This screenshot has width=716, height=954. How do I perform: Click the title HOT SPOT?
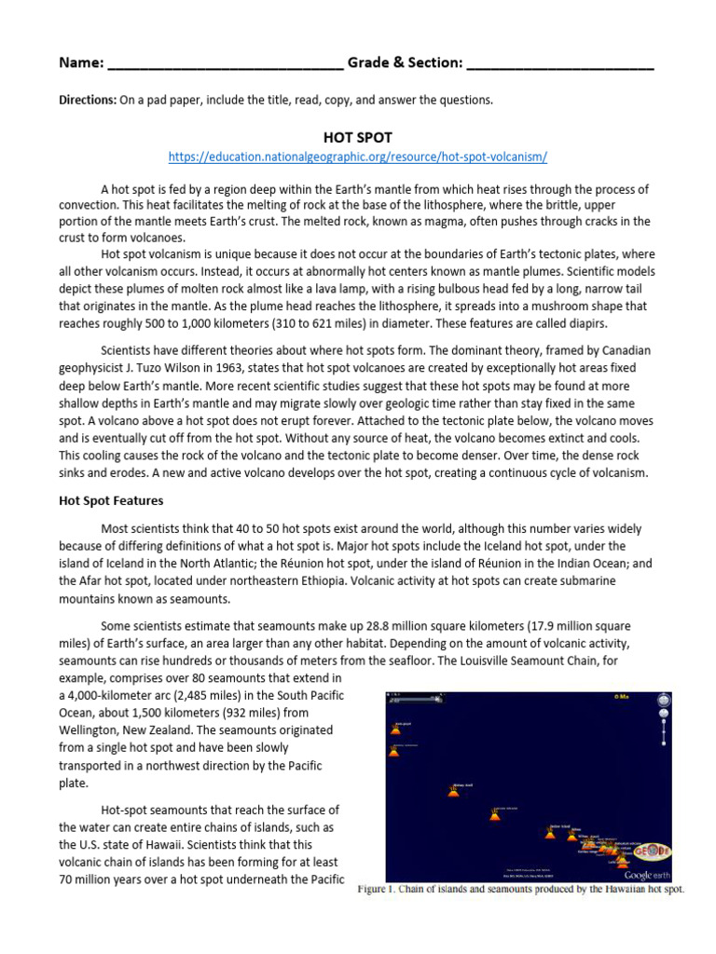click(x=357, y=137)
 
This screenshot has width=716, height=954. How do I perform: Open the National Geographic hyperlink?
click(x=357, y=157)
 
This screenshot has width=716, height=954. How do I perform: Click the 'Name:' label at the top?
click(x=81, y=63)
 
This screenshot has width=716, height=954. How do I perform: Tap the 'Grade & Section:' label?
click(x=405, y=63)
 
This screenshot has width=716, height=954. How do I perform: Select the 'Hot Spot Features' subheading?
click(x=111, y=500)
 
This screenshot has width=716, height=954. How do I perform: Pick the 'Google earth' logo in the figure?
click(x=651, y=875)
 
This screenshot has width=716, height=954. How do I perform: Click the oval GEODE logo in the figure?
click(x=651, y=852)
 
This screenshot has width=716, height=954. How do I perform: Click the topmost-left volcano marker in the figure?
click(x=394, y=729)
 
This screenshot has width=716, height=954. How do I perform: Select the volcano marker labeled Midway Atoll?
click(x=453, y=792)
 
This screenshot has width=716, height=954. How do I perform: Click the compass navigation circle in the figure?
click(x=663, y=701)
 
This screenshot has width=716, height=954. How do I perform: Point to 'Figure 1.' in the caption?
click(x=382, y=890)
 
